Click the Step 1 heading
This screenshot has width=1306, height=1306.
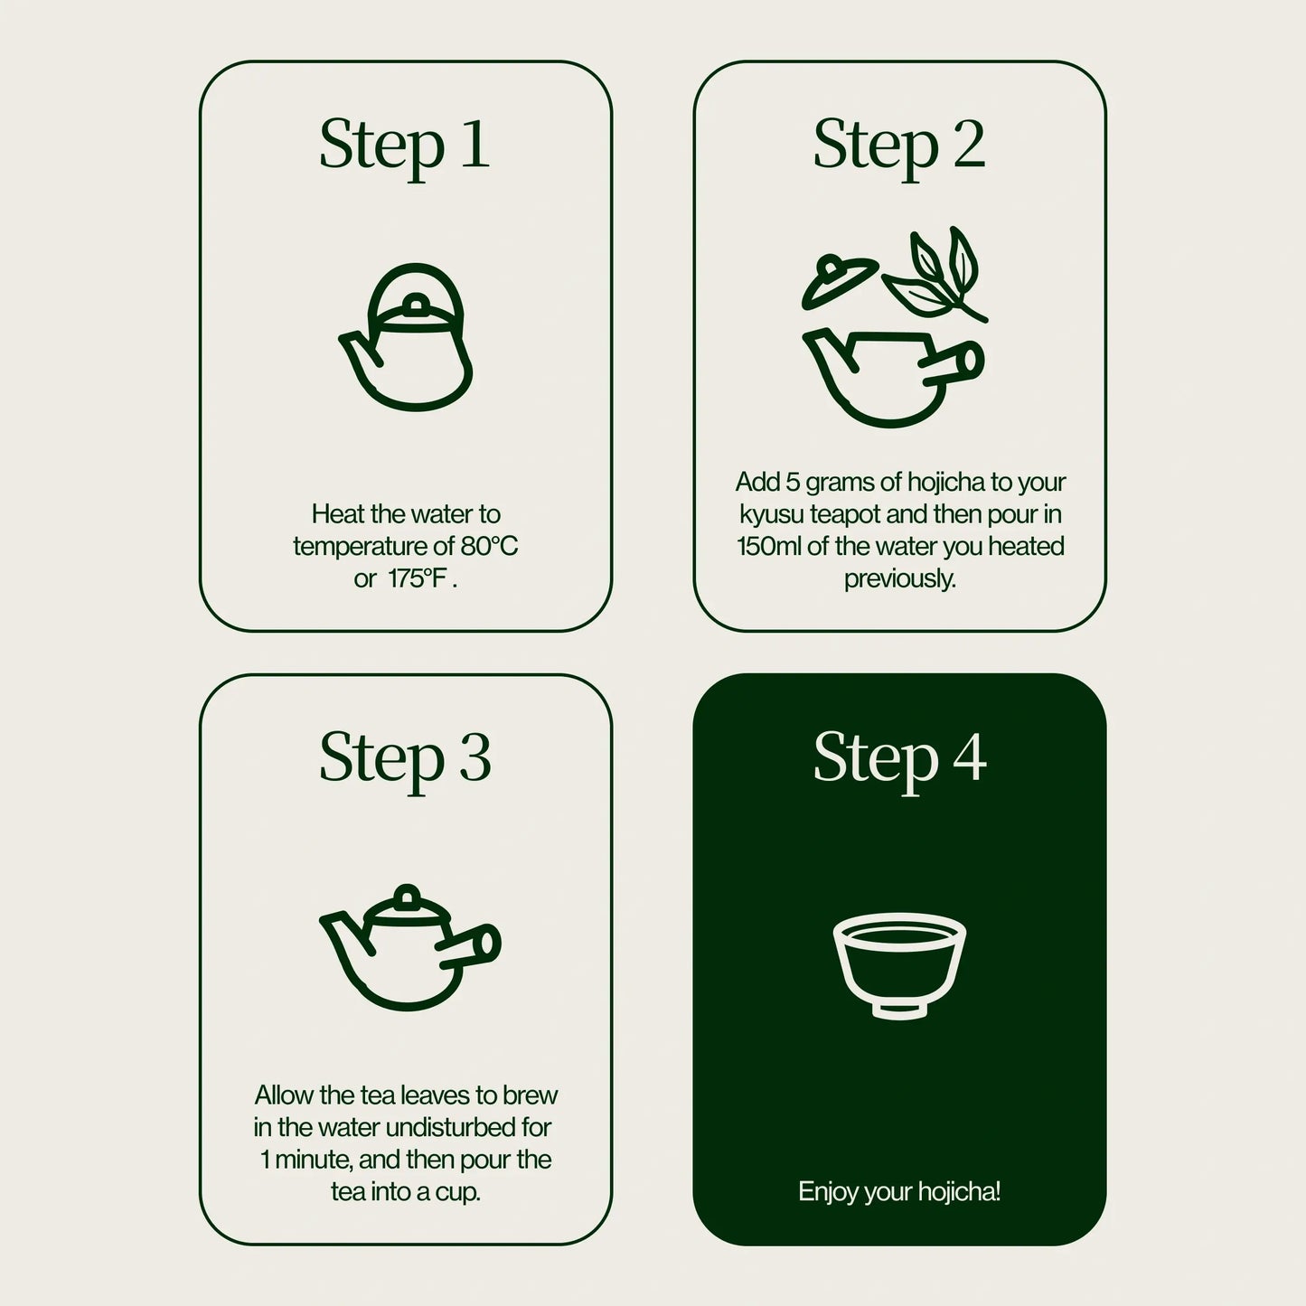(404, 146)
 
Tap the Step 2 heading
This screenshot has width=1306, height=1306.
(898, 146)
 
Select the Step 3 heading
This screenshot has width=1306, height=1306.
(404, 757)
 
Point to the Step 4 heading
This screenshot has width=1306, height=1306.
(898, 757)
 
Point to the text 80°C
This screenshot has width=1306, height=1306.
(489, 546)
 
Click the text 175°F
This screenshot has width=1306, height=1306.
(418, 578)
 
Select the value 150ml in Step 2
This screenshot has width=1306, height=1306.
(769, 546)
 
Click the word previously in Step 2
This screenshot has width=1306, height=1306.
(899, 578)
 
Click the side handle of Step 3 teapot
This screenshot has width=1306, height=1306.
(474, 945)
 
